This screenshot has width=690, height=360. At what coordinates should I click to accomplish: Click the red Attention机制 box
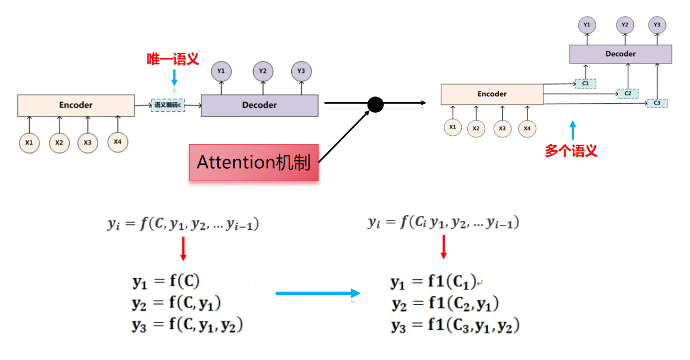pyautogui.click(x=254, y=163)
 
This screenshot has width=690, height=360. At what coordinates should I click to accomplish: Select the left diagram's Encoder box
pyautogui.click(x=76, y=105)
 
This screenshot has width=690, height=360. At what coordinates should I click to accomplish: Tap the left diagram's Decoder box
pyautogui.click(x=259, y=105)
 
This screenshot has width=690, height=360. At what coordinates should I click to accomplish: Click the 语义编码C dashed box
pyautogui.click(x=168, y=105)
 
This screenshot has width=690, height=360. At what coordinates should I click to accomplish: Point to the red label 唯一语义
pyautogui.click(x=173, y=59)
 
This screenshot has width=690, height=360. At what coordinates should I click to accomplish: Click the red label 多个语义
pyautogui.click(x=571, y=150)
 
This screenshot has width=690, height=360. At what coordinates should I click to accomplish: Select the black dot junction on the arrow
pyautogui.click(x=375, y=104)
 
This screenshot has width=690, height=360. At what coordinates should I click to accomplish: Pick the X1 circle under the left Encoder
pyautogui.click(x=29, y=143)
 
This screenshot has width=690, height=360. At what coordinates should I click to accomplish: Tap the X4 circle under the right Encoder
pyautogui.click(x=526, y=128)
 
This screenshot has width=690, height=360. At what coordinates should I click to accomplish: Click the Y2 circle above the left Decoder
pyautogui.click(x=262, y=71)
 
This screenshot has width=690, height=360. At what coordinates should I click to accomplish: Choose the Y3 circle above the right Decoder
pyautogui.click(x=657, y=25)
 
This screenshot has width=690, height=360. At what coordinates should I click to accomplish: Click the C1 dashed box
pyautogui.click(x=585, y=84)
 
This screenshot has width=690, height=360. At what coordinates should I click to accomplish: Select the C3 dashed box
pyautogui.click(x=657, y=103)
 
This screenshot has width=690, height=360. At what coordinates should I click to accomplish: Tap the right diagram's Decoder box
pyautogui.click(x=620, y=54)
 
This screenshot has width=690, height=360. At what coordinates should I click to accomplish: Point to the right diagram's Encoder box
pyautogui.click(x=492, y=94)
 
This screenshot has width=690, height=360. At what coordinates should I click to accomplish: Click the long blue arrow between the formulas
pyautogui.click(x=318, y=293)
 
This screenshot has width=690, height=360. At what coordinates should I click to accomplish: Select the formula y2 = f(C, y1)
pyautogui.click(x=176, y=303)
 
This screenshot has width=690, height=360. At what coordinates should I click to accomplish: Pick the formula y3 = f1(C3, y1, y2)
pyautogui.click(x=455, y=326)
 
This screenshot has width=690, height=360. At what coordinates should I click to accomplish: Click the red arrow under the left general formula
pyautogui.click(x=182, y=248)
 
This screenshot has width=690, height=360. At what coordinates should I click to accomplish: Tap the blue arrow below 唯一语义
pyautogui.click(x=174, y=77)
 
